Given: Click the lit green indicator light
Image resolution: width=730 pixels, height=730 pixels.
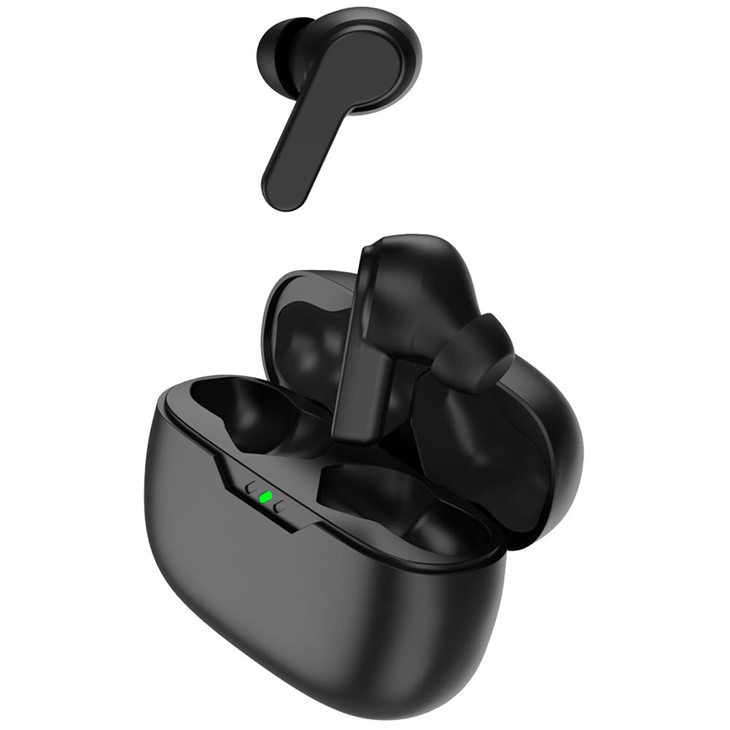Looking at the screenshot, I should click(x=266, y=497).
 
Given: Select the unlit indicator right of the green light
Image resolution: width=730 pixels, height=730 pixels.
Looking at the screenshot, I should click(x=280, y=506).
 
